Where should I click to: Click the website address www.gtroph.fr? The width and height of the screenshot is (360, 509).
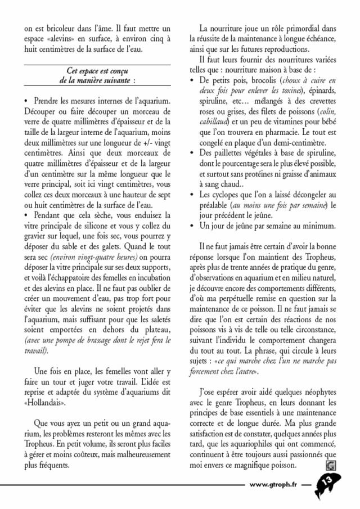coord(273,485)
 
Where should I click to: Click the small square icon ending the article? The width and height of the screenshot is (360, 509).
coord(330,465)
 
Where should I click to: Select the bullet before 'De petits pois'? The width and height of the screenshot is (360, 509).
coord(192,81)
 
